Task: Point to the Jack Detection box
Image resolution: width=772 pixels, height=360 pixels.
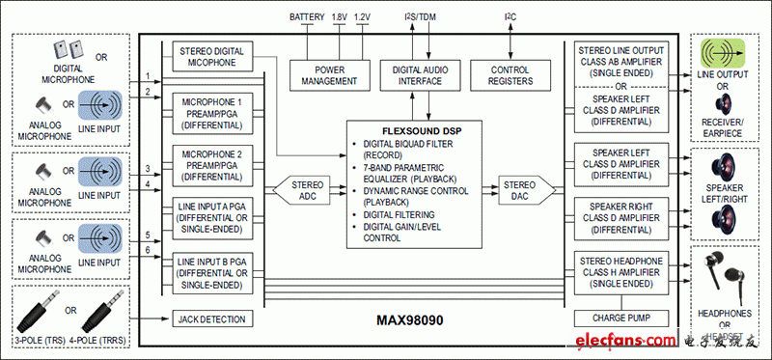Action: coord(212,318)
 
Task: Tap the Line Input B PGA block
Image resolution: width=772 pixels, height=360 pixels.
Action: coord(212,271)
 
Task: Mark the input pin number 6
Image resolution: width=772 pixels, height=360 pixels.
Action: coord(148,251)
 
